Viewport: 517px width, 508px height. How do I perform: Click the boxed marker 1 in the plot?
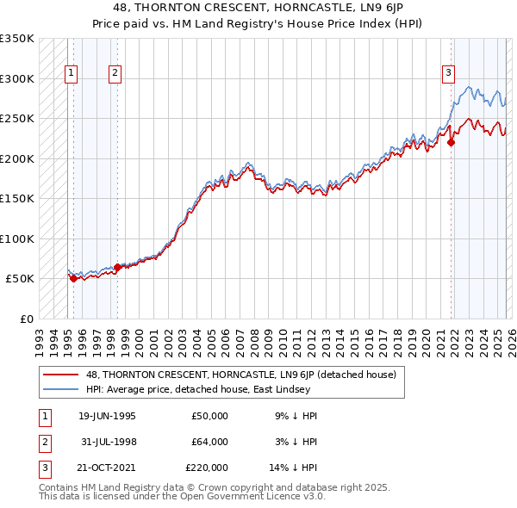[x=70, y=74]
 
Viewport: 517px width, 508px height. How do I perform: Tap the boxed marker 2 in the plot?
[x=115, y=74]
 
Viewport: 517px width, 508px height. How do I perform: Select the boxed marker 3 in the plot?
[x=448, y=74]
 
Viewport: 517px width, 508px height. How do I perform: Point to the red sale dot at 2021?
[x=451, y=143]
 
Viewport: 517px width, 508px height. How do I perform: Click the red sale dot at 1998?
[x=118, y=267]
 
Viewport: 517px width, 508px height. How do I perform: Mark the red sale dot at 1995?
[x=73, y=278]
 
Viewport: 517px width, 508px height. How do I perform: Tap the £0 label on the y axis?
[x=25, y=319]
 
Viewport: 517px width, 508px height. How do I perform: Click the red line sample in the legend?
[x=61, y=375]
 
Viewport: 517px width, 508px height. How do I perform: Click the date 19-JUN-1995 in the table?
[x=107, y=416]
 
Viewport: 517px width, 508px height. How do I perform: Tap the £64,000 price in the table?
[x=209, y=442]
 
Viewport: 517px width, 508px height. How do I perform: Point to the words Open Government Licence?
[x=242, y=497]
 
